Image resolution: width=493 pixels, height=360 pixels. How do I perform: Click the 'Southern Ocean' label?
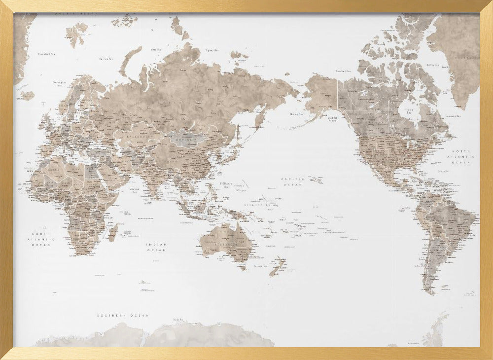coord(123,315)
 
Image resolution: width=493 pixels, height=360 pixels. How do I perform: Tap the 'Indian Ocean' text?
coord(156,247)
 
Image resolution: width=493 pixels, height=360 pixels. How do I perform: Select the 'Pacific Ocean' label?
coord(291,181)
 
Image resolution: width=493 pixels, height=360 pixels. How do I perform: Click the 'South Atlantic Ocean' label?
coord(41,239)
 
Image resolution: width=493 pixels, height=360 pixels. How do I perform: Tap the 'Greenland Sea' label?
coord(46,54)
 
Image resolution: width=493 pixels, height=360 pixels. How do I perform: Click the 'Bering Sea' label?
coord(296,114)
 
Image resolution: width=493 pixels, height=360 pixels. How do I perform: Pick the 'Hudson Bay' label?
coord(408,111)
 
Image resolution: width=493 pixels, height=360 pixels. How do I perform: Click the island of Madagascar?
coord(113,232)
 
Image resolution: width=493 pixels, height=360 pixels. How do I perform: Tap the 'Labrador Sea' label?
coord(452,116)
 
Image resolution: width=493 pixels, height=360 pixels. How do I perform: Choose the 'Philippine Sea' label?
coord(226,185)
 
